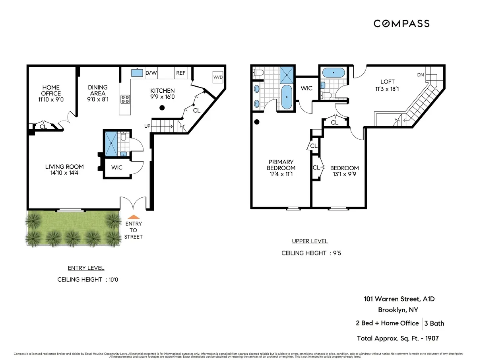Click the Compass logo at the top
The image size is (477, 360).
point(401,24)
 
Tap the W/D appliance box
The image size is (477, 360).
point(217,77)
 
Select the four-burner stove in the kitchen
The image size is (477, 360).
point(125,99)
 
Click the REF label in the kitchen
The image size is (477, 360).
point(181,73)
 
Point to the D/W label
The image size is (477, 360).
point(151,73)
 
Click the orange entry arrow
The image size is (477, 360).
point(134,217)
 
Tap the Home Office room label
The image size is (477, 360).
point(51,88)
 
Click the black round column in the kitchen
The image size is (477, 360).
point(162,108)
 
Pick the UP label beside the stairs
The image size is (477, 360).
point(147,126)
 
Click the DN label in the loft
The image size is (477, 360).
point(421,75)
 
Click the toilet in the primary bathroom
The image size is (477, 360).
point(258,72)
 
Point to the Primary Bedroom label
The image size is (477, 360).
point(281,165)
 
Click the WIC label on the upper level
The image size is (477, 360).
point(306,88)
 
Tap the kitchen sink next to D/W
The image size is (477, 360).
point(137,73)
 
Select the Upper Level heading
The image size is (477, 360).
point(310,241)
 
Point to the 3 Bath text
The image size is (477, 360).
point(434,323)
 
